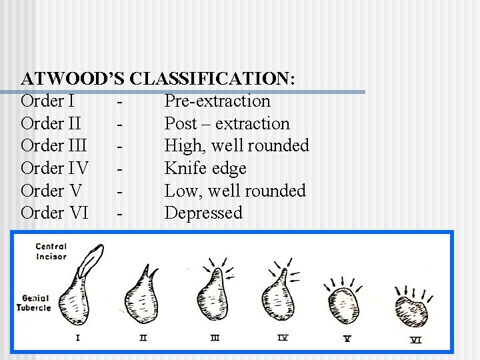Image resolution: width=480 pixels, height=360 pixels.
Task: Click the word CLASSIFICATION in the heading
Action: pyautogui.click(x=211, y=79)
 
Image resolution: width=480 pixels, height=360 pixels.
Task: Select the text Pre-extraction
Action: pyautogui.click(x=217, y=101)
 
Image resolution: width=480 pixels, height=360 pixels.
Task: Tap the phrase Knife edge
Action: pyautogui.click(x=205, y=169)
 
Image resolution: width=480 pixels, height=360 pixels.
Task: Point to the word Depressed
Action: pyautogui.click(x=203, y=213)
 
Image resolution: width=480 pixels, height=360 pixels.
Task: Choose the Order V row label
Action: pyautogui.click(x=51, y=191)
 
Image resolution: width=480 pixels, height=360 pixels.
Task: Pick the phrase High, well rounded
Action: pyautogui.click(x=237, y=146)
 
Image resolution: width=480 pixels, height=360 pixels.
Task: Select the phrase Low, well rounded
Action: pyautogui.click(x=235, y=191)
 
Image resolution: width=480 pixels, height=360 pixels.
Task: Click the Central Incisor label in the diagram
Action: pyautogui.click(x=51, y=252)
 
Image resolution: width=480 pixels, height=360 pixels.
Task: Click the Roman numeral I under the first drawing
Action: pyautogui.click(x=78, y=337)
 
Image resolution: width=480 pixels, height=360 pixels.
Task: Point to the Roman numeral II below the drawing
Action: pyautogui.click(x=143, y=337)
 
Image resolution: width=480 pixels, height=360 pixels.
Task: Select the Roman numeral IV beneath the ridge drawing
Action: pyautogui.click(x=283, y=337)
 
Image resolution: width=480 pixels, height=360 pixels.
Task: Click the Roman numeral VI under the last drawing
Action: pyautogui.click(x=416, y=339)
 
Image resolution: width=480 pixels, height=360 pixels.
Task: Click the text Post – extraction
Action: pyautogui.click(x=227, y=124)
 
